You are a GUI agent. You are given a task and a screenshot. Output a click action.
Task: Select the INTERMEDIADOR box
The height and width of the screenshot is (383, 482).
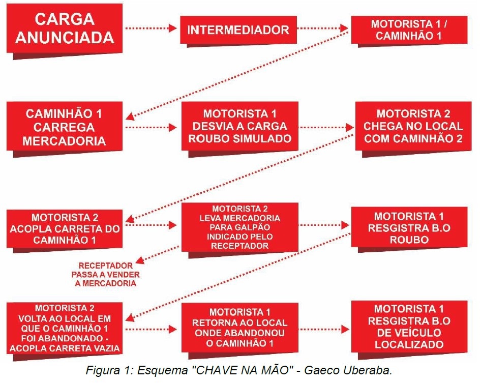238,30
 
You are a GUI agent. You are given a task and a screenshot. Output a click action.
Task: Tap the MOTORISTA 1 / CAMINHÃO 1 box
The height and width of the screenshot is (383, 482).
409,30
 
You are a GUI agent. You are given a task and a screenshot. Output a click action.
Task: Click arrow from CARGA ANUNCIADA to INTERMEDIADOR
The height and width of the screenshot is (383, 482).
151,28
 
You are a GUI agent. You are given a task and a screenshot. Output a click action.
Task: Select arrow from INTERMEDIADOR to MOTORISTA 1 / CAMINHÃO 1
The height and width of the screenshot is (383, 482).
323,28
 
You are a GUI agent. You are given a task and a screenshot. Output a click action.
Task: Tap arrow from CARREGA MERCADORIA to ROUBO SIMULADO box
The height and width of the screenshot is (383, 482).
151,127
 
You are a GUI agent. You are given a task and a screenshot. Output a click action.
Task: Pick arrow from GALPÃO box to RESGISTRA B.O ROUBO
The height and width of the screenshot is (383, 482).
324,225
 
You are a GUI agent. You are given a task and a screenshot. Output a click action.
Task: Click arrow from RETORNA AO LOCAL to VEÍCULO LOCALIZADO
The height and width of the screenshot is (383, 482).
324,330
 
